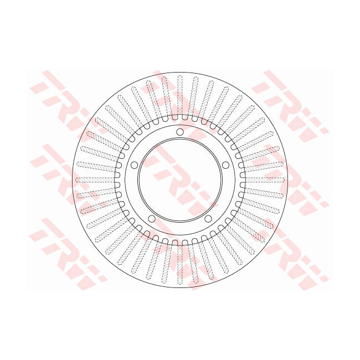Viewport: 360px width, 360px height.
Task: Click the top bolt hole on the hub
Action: click(x=179, y=132)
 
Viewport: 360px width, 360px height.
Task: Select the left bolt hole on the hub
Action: click(x=134, y=165)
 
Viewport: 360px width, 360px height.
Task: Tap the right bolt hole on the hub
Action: click(x=225, y=165)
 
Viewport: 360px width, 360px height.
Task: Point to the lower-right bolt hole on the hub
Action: click(x=208, y=218)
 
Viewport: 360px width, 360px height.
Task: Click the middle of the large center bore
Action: click(x=179, y=179)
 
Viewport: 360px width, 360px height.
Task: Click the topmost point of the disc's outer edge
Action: click(x=179, y=72)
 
